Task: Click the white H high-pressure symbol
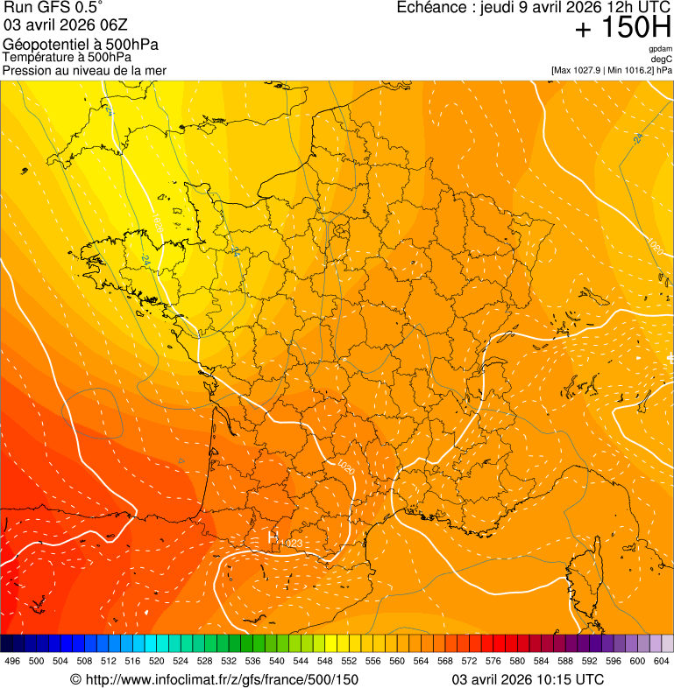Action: coord(273,535)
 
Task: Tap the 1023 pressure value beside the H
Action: coord(291,544)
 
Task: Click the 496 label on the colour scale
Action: coord(12,661)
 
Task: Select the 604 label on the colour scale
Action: coord(661,661)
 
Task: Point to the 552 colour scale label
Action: coord(349,661)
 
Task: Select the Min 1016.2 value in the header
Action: coord(632,70)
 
